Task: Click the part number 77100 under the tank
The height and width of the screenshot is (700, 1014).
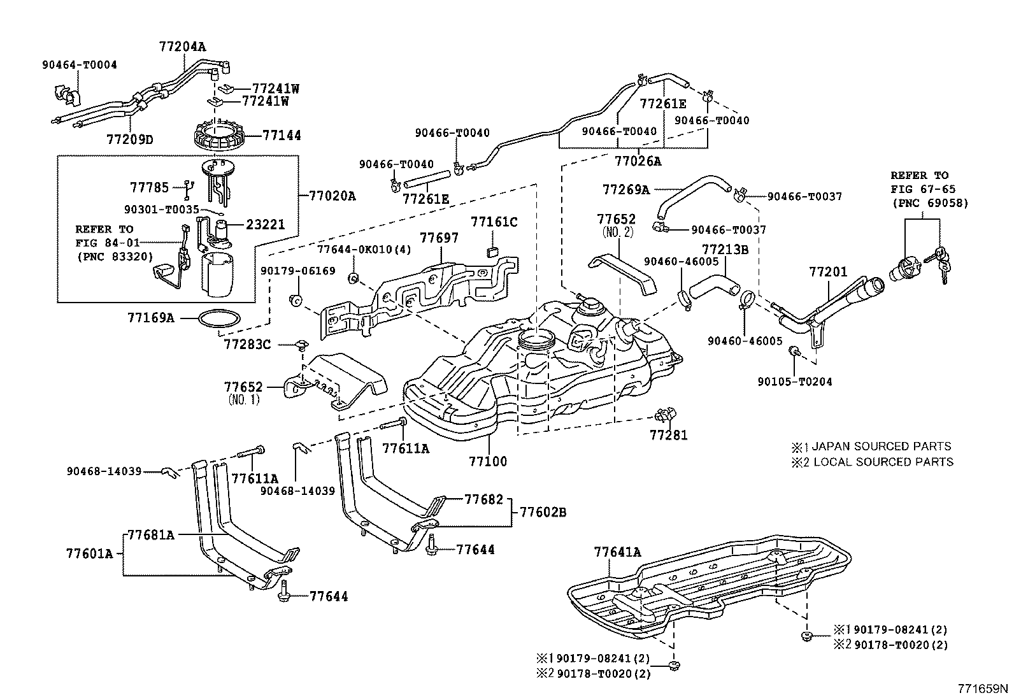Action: [x=488, y=461]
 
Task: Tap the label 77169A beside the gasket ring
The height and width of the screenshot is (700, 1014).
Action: [x=150, y=317]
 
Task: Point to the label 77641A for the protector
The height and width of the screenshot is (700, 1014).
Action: [x=617, y=552]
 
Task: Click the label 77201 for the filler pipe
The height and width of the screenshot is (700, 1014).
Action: [x=828, y=272]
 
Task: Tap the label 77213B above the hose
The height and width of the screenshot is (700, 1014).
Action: [x=725, y=249]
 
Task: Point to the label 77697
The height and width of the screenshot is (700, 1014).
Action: [x=439, y=238]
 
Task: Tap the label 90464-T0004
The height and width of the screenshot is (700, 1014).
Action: [x=80, y=65]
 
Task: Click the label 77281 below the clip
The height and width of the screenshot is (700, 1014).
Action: [x=669, y=436]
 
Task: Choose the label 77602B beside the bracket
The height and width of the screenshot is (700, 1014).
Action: [x=543, y=511]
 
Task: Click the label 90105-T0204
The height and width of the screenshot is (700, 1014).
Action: [x=795, y=382]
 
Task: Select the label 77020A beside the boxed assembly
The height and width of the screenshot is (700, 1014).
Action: [x=332, y=196]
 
